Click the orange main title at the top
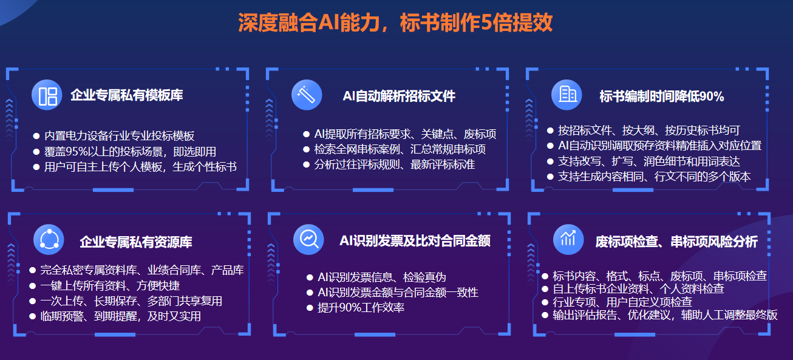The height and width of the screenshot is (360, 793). click(x=395, y=23)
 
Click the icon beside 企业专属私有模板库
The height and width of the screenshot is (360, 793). click(x=47, y=95)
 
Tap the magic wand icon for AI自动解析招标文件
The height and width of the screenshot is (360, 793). click(x=307, y=95)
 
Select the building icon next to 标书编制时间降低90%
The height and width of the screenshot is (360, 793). click(x=567, y=95)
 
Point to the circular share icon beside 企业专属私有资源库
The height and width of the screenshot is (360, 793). click(x=49, y=240)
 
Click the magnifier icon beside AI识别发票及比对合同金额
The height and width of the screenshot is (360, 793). click(x=308, y=239)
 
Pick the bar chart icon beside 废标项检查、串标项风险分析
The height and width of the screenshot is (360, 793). click(x=568, y=239)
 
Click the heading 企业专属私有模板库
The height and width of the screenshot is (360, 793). click(x=126, y=95)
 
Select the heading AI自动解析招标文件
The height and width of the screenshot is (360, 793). click(x=399, y=96)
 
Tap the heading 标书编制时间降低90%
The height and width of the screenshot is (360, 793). click(x=661, y=96)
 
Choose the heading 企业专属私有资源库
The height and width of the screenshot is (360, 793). click(x=136, y=242)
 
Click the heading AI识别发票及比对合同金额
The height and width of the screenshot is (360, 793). click(x=415, y=240)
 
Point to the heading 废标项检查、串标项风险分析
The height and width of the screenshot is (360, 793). click(x=676, y=242)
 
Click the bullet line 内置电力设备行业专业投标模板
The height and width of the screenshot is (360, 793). click(x=119, y=136)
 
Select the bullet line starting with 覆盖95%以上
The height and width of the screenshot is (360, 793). click(x=130, y=152)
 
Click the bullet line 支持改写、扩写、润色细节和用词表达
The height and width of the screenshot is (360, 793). click(x=648, y=161)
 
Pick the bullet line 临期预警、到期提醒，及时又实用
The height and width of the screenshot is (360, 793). click(x=120, y=316)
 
